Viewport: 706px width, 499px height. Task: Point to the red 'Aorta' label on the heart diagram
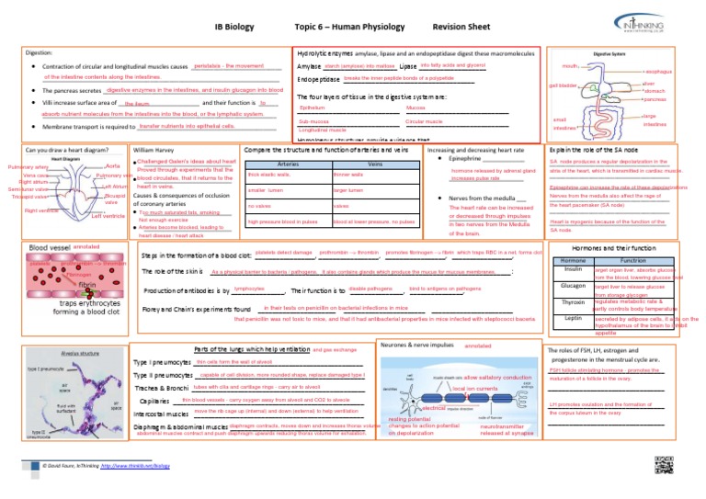[x=113, y=164]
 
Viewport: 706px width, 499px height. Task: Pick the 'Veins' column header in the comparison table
[x=374, y=164]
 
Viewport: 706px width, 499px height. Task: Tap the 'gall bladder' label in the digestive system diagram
[x=563, y=85]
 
